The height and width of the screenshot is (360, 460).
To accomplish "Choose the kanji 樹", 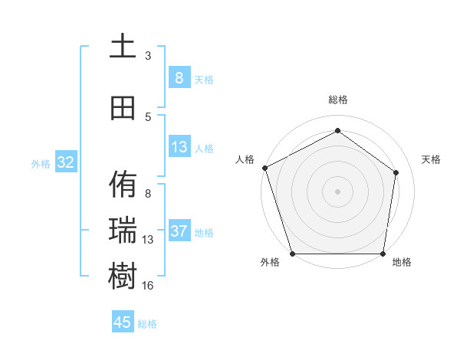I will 123,277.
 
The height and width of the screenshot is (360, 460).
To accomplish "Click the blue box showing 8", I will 179,78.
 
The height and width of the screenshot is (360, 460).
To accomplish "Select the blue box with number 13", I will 179,147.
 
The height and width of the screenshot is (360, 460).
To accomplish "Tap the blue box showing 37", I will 179,231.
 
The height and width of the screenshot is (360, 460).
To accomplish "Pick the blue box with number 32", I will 65,162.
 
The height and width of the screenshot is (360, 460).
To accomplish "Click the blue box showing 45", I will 123,322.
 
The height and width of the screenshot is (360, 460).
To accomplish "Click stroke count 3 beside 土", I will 148,55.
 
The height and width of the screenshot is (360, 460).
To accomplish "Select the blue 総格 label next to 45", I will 147,324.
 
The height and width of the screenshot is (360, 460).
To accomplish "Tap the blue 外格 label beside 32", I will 41,163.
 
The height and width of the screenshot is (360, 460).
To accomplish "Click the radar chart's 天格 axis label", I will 431,159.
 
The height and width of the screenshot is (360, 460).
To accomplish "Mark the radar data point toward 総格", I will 337,131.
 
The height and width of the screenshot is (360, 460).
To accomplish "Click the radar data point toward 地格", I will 383,254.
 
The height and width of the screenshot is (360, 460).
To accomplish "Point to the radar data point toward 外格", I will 292,254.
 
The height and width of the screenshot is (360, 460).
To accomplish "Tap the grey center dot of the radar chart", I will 337,191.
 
